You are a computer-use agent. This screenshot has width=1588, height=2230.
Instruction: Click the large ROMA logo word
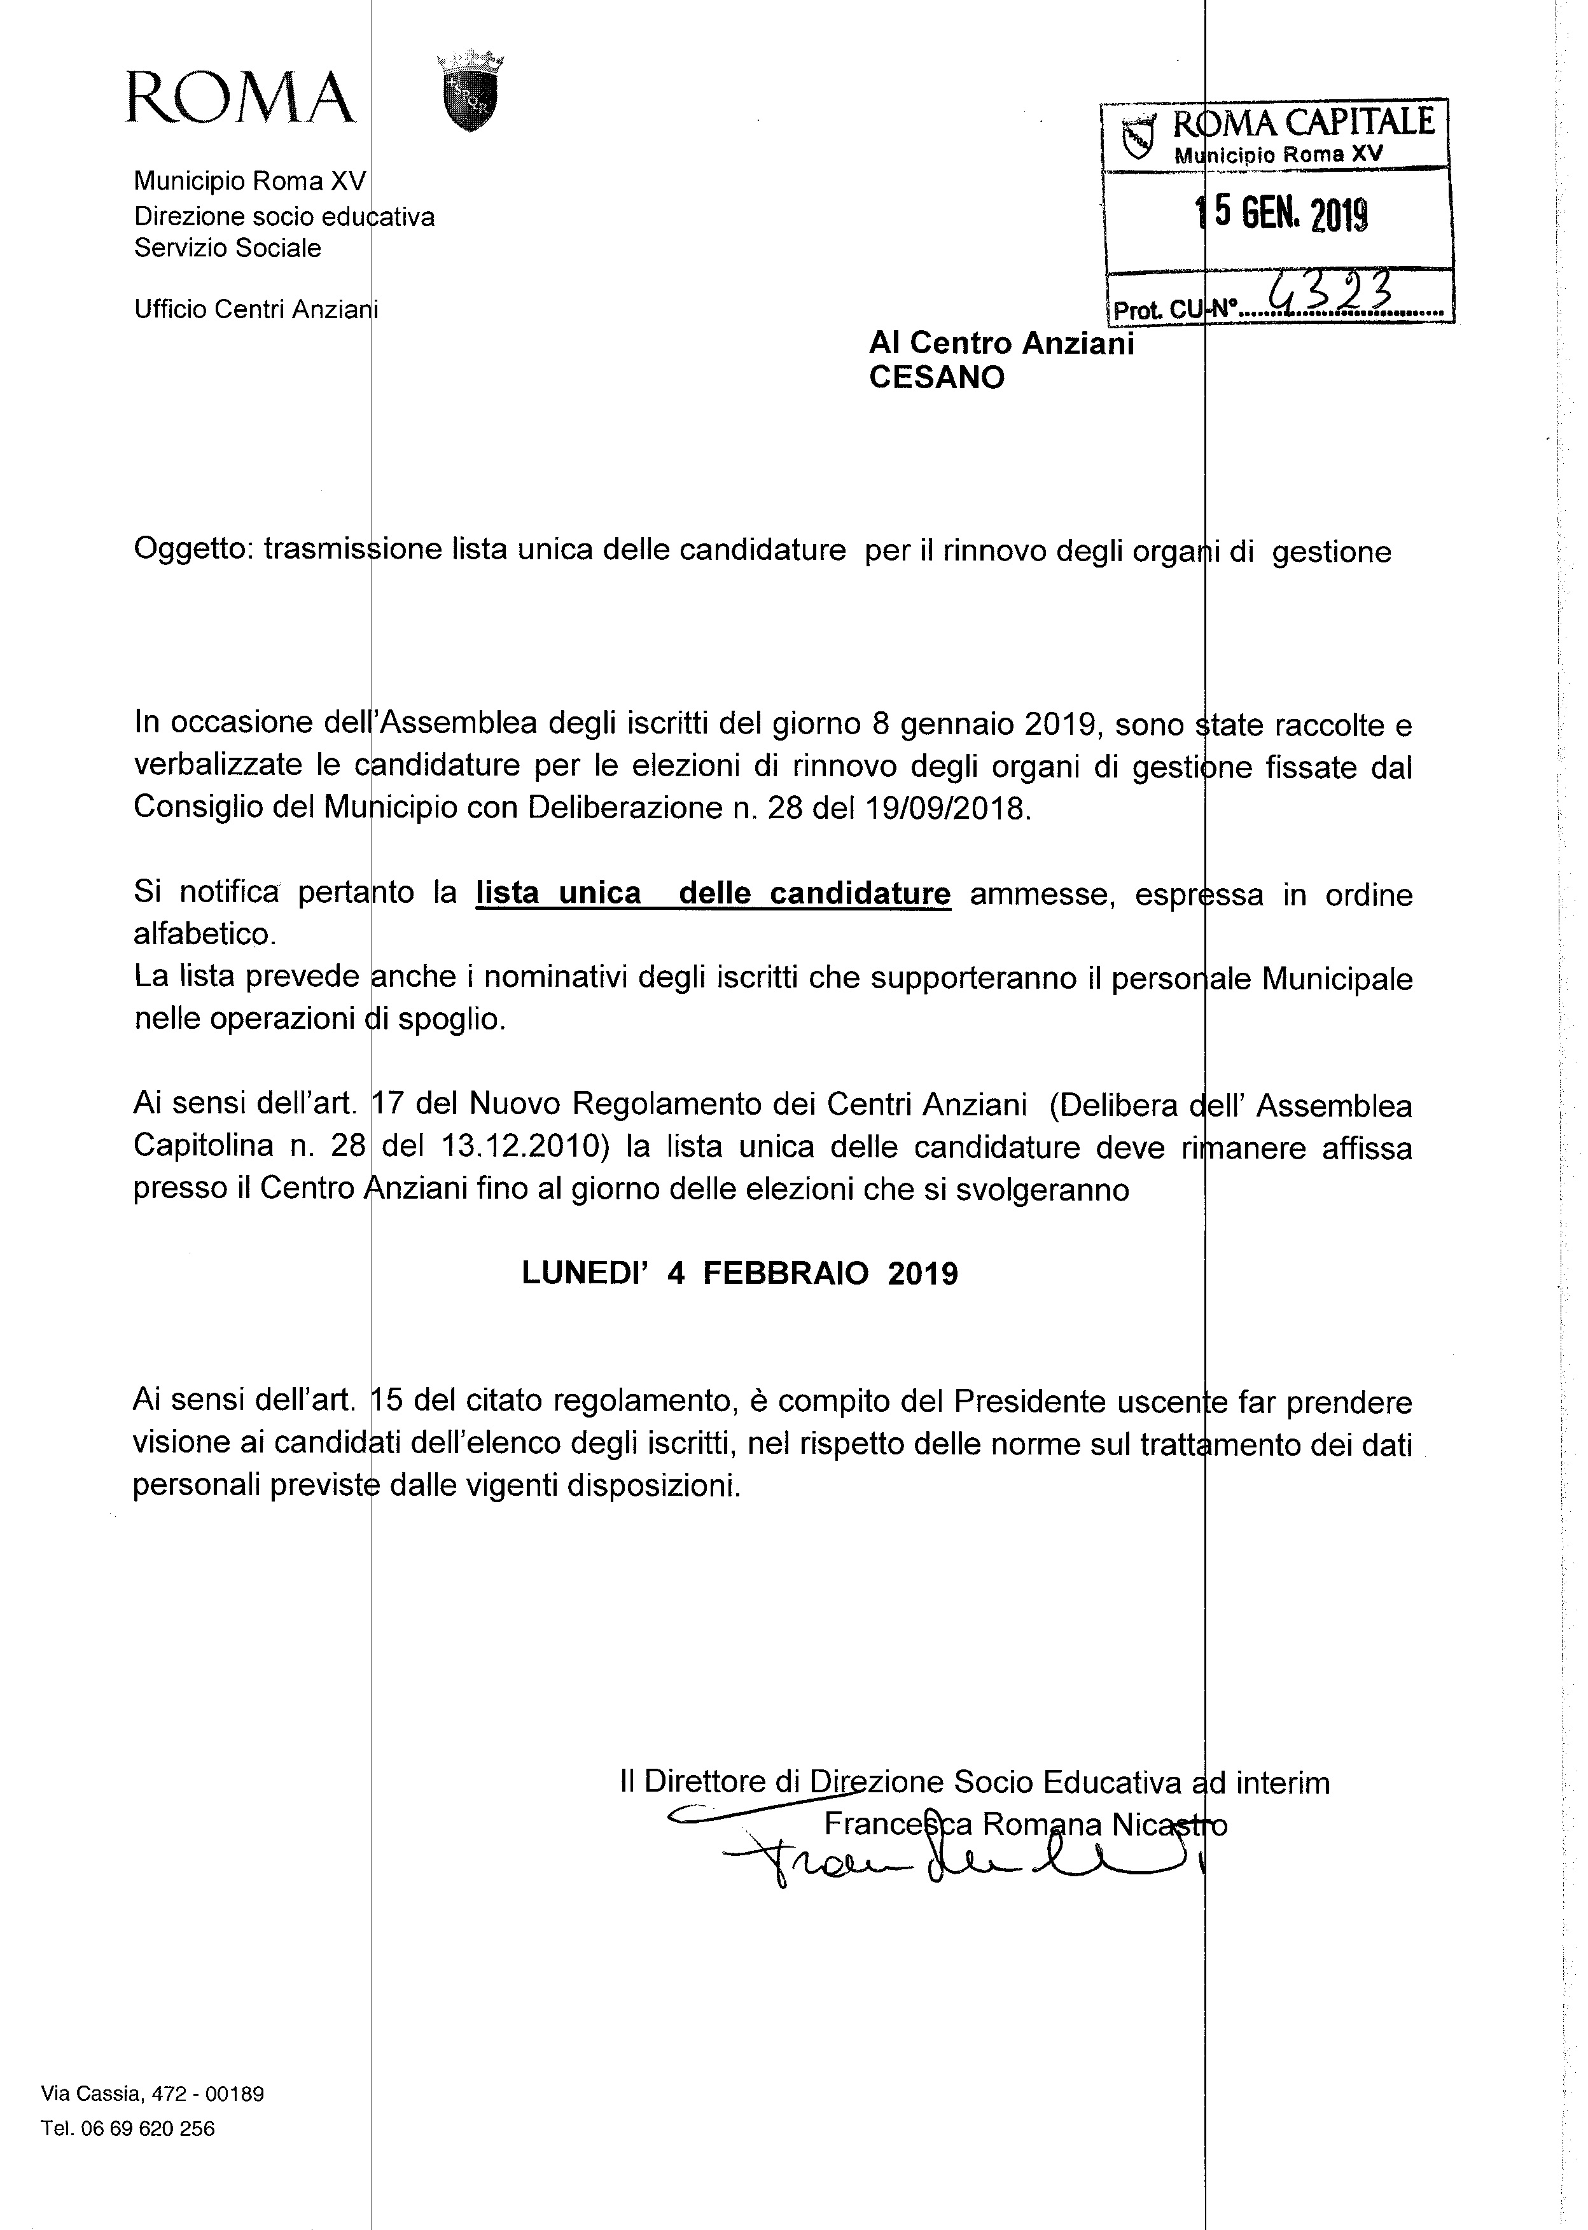(x=240, y=98)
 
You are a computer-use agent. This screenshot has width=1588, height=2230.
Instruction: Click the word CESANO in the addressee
(x=937, y=379)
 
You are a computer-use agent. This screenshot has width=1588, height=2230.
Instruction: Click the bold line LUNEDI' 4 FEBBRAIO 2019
(x=739, y=1274)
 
